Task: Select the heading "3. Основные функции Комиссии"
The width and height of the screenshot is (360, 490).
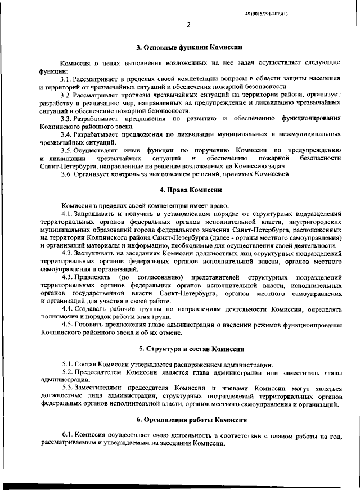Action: (189, 47)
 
